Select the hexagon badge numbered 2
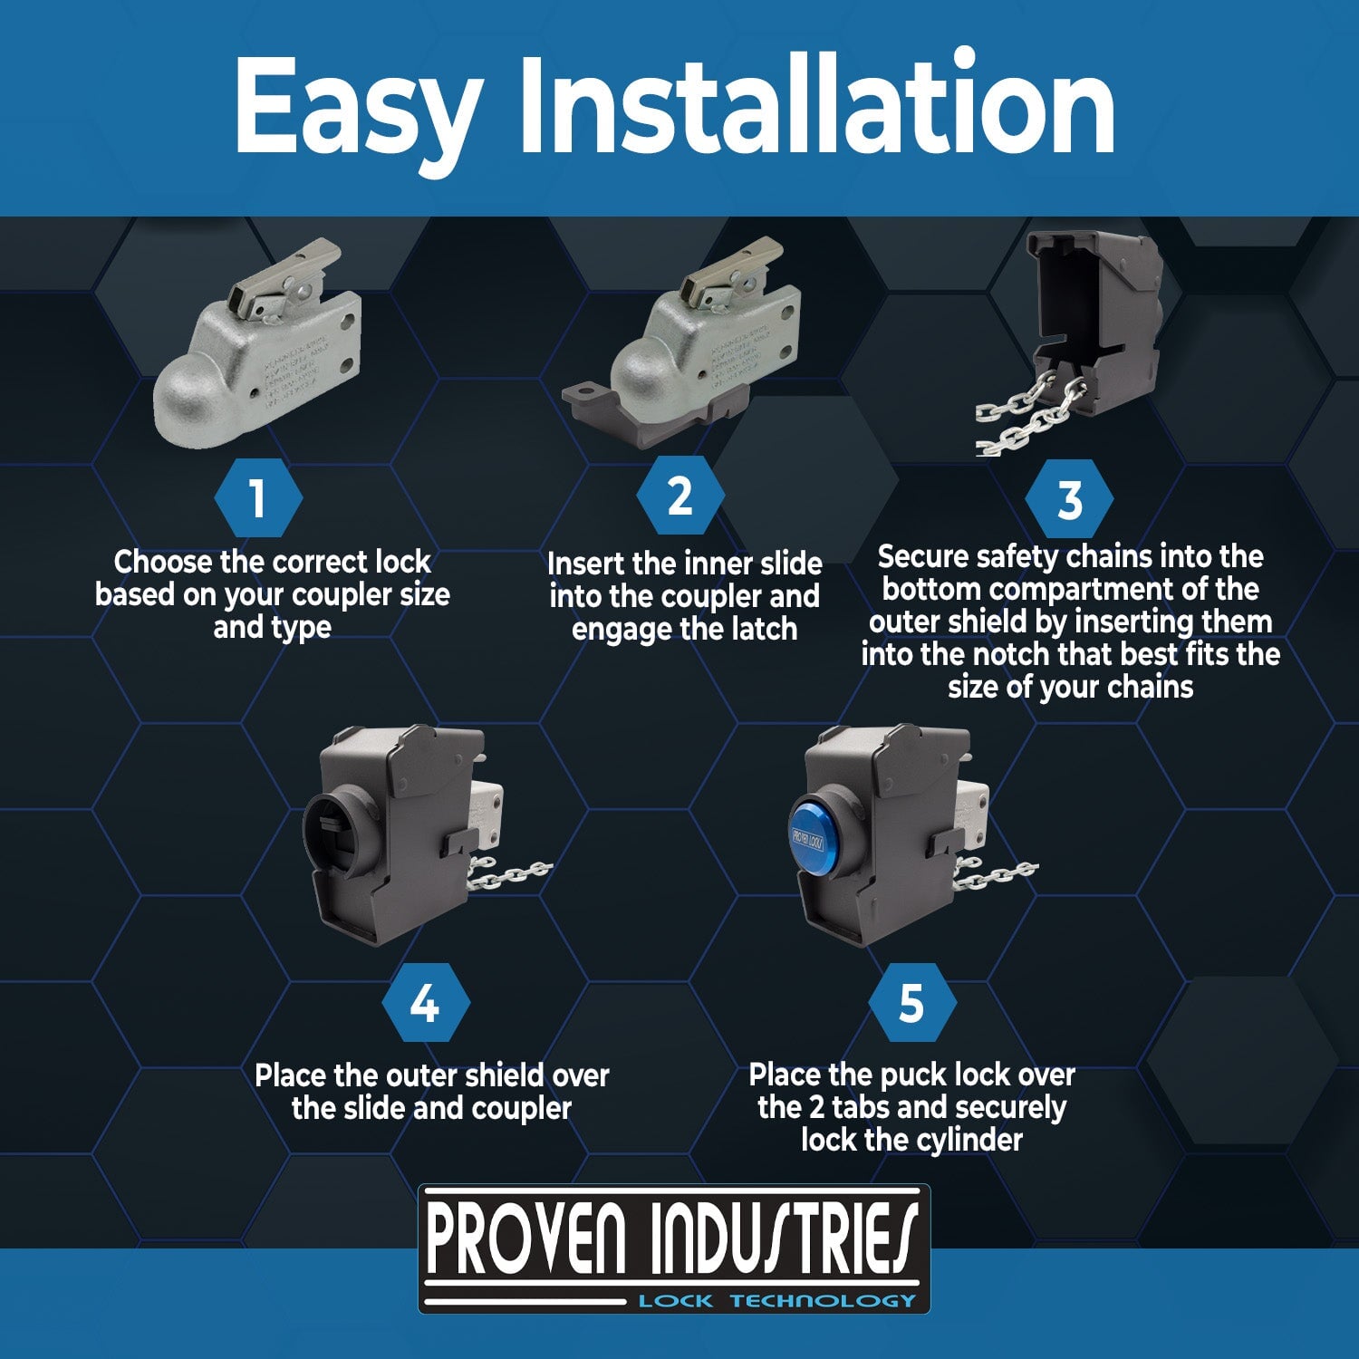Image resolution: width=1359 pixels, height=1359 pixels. pyautogui.click(x=679, y=496)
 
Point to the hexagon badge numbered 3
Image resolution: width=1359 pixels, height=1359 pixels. pyautogui.click(x=1069, y=499)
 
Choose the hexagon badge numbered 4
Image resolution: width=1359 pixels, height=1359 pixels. pyautogui.click(x=425, y=1004)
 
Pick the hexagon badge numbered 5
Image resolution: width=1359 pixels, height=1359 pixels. pyautogui.click(x=911, y=1004)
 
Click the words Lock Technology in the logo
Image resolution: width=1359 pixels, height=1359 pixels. pyautogui.click(x=776, y=1301)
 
